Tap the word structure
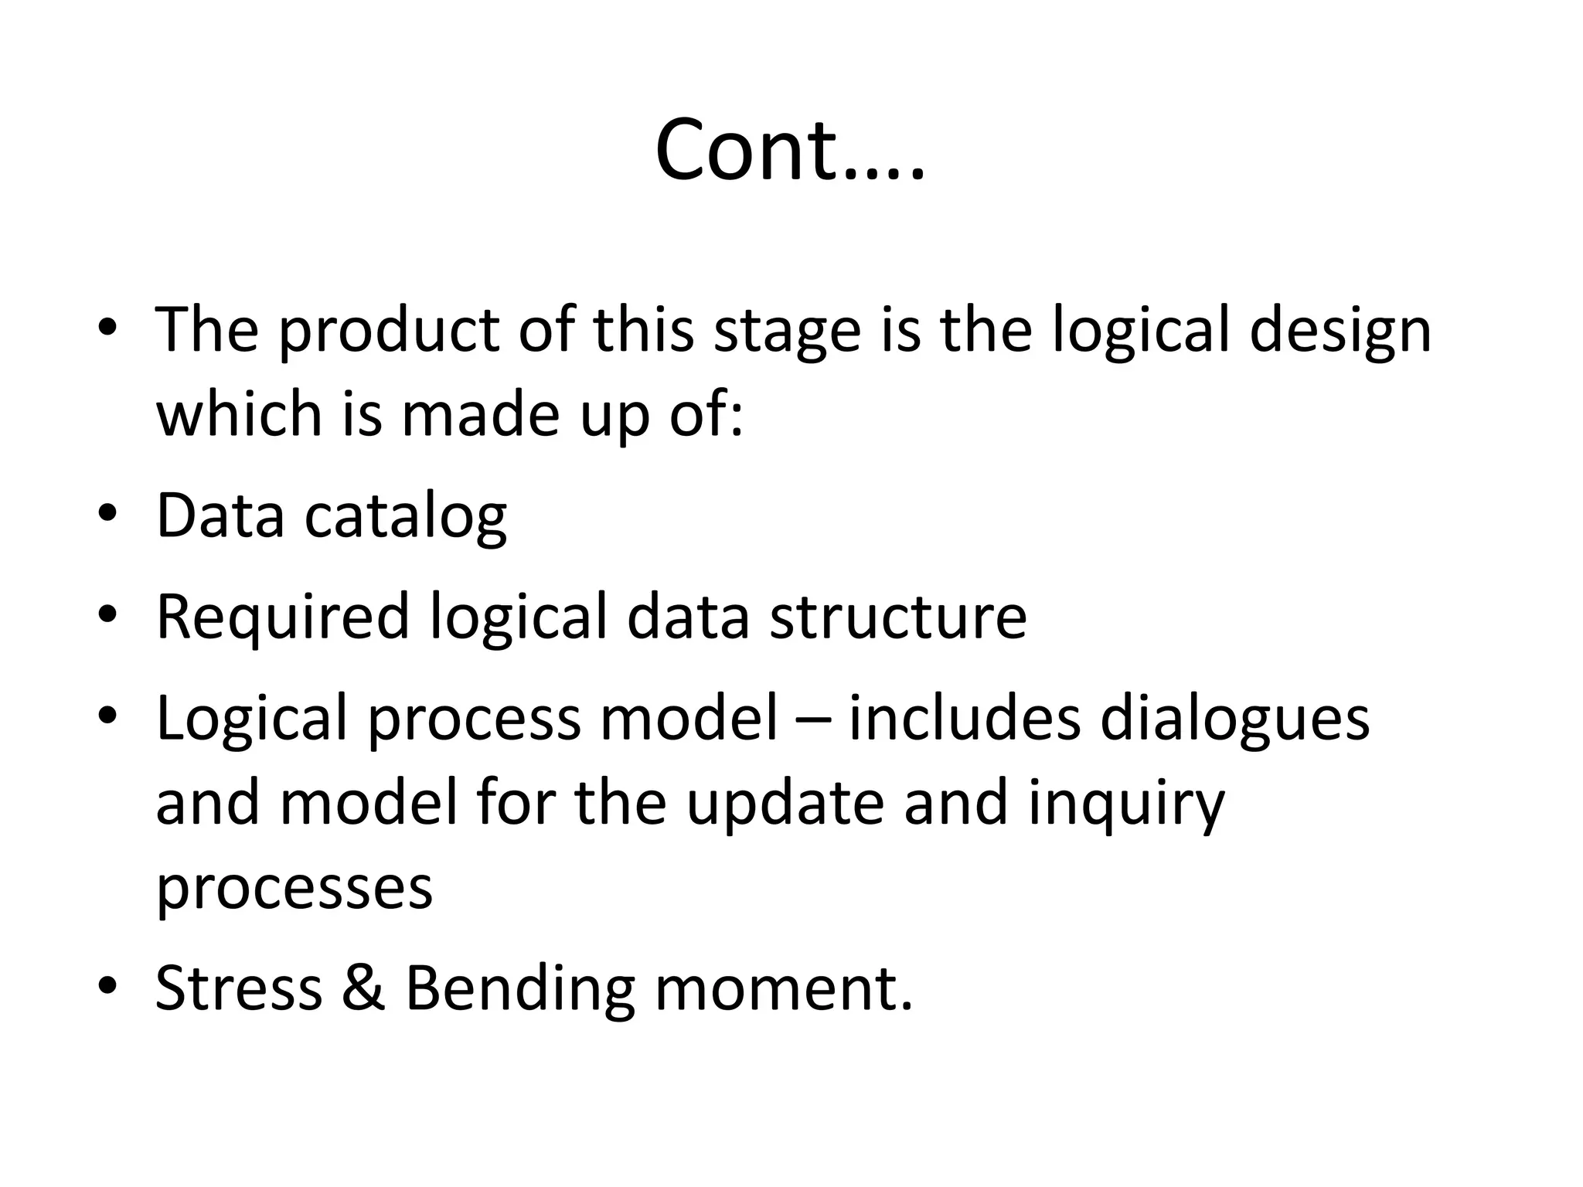(897, 617)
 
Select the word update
(785, 804)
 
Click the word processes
(294, 889)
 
